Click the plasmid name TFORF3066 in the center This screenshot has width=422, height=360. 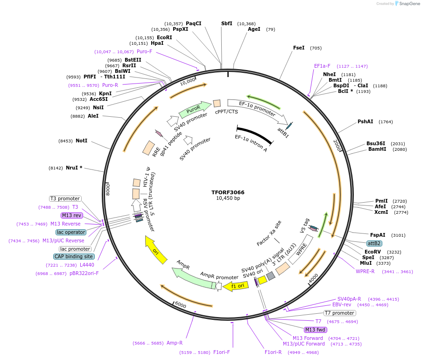point(228,192)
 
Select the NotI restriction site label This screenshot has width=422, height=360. point(81,141)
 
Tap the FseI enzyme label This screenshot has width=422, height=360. point(299,48)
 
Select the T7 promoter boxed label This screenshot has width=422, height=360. point(340,313)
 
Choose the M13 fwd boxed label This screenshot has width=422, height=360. point(315,330)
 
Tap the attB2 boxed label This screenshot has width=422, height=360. point(374,243)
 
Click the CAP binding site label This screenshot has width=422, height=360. point(74,256)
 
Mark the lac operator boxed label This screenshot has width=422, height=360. point(71,232)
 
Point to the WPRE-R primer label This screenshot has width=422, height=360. point(365,271)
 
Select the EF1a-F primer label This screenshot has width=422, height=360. point(322,66)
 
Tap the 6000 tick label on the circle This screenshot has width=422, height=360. point(180,305)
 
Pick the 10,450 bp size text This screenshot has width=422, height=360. point(228,198)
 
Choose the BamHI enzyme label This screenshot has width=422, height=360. point(377,149)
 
